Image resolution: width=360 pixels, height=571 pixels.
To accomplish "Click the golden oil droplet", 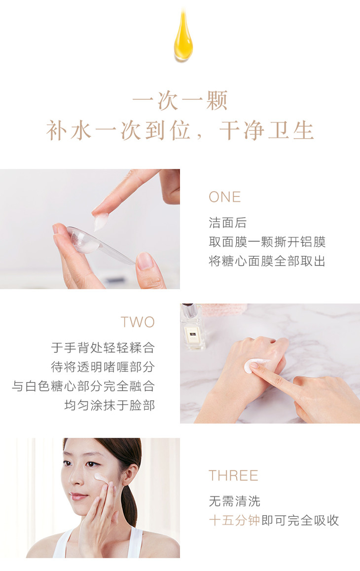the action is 183,37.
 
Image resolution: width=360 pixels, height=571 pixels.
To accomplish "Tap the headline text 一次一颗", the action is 180,101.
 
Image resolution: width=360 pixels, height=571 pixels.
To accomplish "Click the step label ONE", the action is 224,197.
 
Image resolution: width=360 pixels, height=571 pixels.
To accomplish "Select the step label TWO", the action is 138,322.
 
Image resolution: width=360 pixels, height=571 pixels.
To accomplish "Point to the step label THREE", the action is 233,476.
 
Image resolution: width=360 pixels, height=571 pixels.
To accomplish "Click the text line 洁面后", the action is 227,223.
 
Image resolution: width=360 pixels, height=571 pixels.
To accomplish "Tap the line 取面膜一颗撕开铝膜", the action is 267,242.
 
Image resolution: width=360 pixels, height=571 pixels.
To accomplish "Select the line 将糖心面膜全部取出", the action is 267,261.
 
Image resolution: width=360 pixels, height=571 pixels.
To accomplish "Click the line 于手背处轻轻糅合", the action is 103,348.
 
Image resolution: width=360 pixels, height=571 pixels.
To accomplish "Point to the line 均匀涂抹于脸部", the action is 109,405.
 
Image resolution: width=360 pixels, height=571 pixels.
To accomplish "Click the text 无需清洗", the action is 234,501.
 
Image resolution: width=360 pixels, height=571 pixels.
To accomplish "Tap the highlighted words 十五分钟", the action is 234,520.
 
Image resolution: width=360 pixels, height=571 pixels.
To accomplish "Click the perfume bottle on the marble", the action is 193,327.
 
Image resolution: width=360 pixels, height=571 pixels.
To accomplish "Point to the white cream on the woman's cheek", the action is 101,477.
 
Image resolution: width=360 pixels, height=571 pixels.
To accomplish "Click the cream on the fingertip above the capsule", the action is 101,222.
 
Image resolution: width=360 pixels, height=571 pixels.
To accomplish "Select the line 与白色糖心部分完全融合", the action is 83,386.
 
